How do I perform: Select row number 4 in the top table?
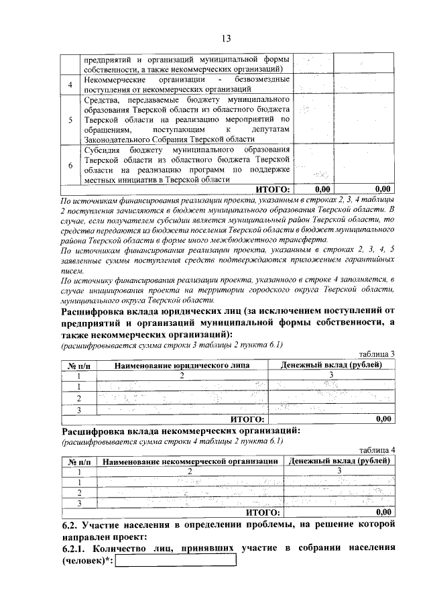[70, 85]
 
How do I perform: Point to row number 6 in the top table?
[70, 164]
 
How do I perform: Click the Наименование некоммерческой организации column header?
[190, 461]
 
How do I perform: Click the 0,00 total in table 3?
[383, 419]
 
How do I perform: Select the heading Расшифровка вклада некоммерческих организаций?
[180, 431]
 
